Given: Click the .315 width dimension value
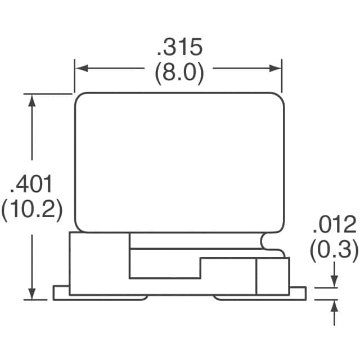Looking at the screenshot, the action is click(x=179, y=47).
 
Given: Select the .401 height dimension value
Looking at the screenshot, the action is click(x=31, y=184).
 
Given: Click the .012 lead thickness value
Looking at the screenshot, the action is click(x=335, y=224).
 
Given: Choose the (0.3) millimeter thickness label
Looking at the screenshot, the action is click(x=334, y=250).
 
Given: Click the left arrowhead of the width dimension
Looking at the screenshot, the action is click(x=82, y=68).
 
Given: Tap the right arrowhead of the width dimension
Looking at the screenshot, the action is click(x=275, y=68).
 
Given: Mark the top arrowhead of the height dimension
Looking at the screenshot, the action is click(x=32, y=101).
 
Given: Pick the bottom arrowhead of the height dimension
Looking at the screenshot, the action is click(x=32, y=293).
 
